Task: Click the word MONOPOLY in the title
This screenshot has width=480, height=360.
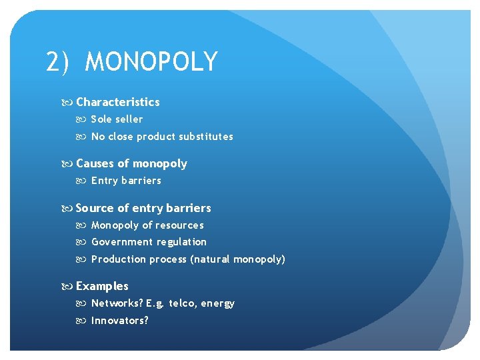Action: pos(151,62)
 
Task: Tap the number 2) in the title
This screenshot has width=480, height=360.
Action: pos(58,62)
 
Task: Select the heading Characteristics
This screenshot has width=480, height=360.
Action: pos(118,102)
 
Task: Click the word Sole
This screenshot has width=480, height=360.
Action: pos(101,119)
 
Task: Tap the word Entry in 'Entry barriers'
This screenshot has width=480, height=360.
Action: pos(104,181)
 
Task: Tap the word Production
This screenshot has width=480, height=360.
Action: pos(119,259)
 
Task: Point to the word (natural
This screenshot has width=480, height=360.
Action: pos(210,259)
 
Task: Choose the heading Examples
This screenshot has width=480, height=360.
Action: pos(102,286)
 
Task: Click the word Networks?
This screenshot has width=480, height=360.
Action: pos(117,303)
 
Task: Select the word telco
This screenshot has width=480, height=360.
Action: pos(183,303)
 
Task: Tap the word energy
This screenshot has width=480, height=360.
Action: pos(219,304)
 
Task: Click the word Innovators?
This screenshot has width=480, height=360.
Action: pos(120,321)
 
